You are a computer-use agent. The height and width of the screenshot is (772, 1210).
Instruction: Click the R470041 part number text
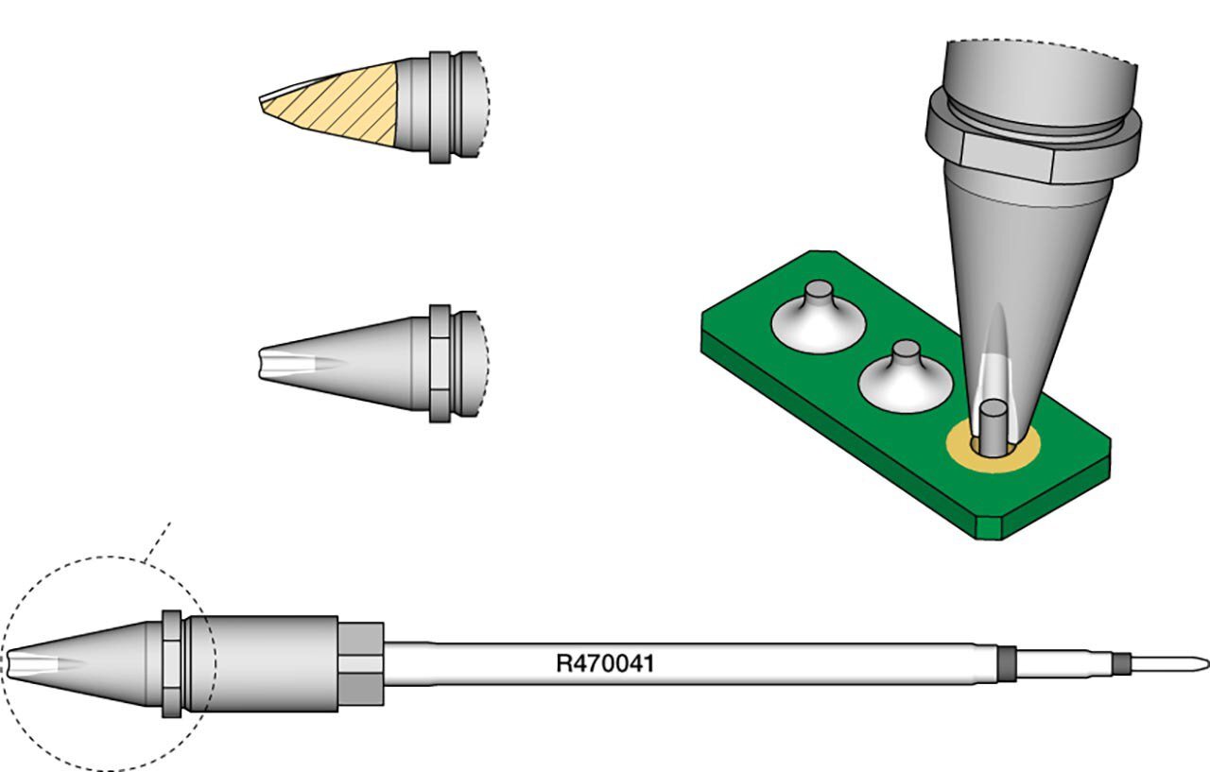click(x=605, y=663)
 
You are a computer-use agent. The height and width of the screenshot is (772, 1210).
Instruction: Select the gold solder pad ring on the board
click(x=993, y=447)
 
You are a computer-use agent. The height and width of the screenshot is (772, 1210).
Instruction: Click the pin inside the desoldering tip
click(x=993, y=427)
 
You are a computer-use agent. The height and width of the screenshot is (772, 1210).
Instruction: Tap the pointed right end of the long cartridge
click(x=1207, y=663)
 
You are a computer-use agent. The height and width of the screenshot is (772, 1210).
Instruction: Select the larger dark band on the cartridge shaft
click(x=1007, y=663)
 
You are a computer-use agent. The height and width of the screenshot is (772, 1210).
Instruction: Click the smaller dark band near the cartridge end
click(x=1121, y=663)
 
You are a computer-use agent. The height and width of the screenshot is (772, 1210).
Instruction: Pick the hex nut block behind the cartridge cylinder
click(x=361, y=663)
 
